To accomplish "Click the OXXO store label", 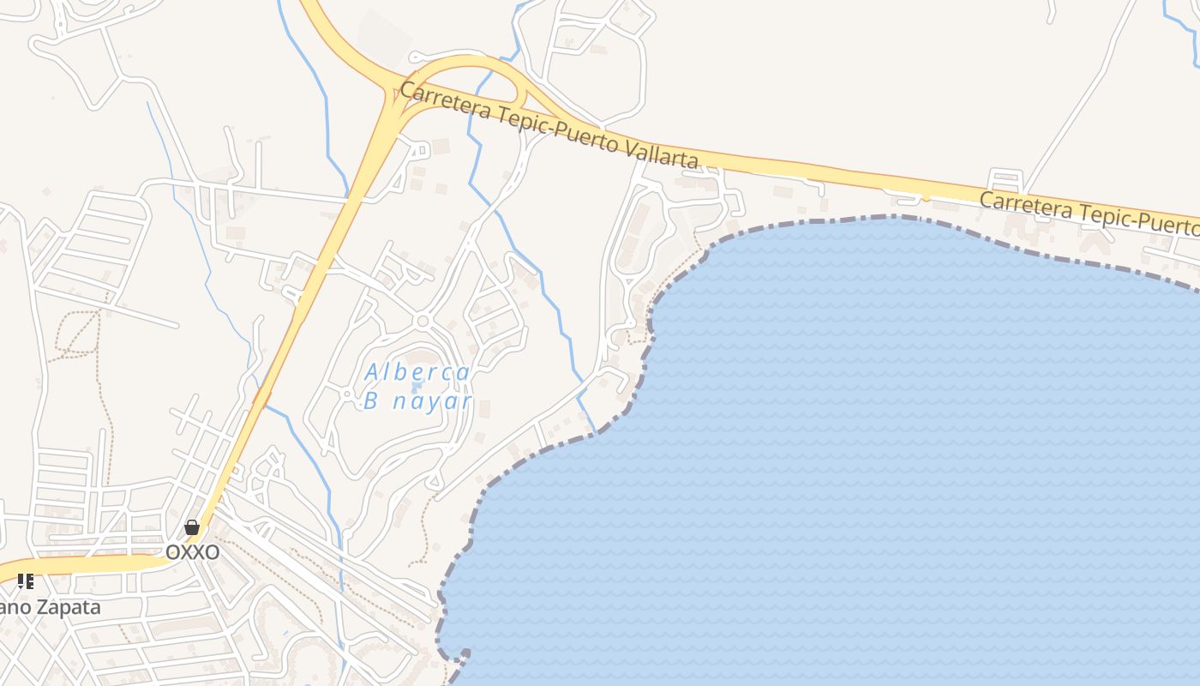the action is point(192,552).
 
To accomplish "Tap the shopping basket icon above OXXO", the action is point(192,527).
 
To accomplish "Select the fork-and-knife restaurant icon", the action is point(26,581).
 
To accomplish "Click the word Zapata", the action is point(67,607).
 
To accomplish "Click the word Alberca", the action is point(417,373).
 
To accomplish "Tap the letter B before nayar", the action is point(371,400).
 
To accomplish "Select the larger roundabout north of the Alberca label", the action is point(421,321).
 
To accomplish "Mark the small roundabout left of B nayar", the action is point(347,394).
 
